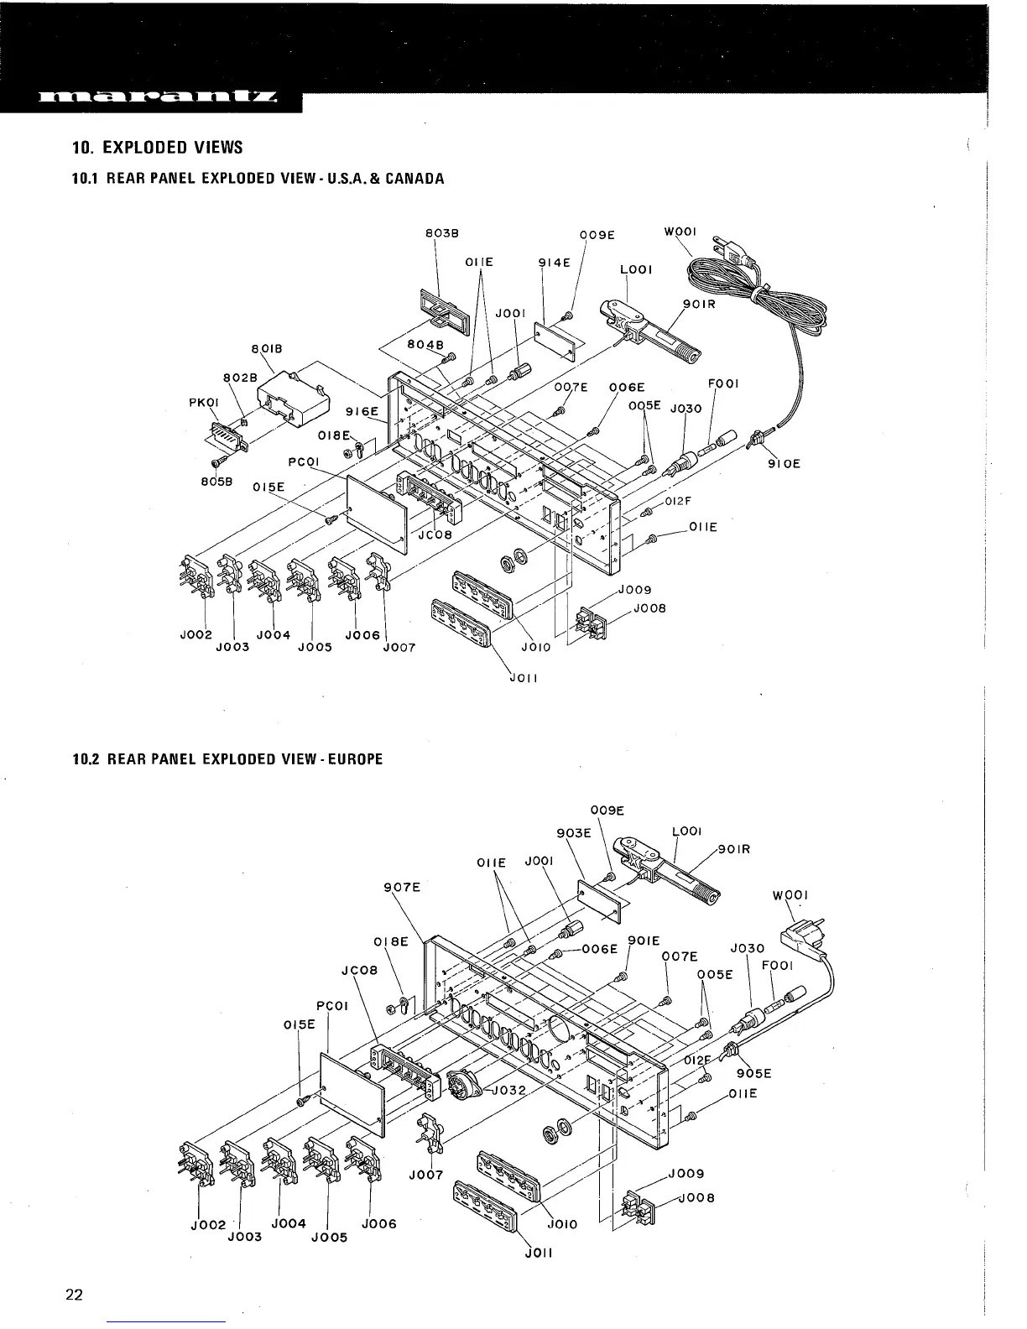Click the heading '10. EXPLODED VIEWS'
point(157,148)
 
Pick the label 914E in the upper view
point(554,262)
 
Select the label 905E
point(753,1073)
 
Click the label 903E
point(574,833)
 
